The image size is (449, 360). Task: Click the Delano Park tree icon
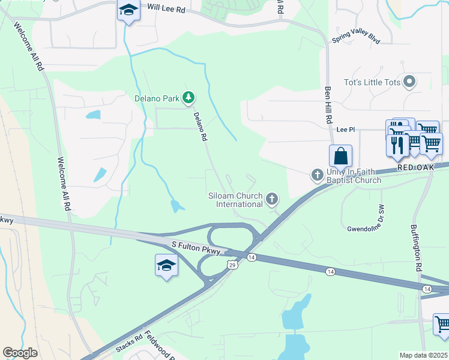tap(188, 97)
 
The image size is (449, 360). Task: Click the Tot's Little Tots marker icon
tap(411, 82)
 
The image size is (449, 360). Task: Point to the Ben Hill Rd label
tap(328, 106)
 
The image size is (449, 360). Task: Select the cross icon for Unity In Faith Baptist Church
tap(317, 175)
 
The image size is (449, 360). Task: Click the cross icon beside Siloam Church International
tap(272, 199)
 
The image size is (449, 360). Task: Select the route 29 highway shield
tap(232, 264)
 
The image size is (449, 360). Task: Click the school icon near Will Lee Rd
tap(128, 10)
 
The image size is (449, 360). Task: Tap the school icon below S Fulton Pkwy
tap(166, 265)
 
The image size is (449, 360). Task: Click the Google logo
tap(20, 353)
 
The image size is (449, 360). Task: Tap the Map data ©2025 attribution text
tap(423, 355)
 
